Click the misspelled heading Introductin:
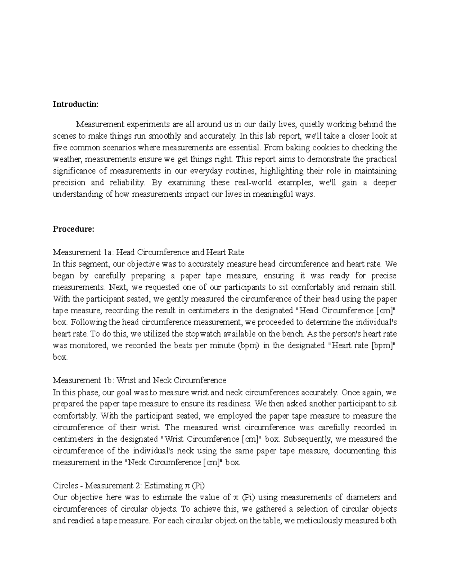tap(75, 104)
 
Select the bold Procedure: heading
tap(73, 229)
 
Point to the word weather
tap(68, 159)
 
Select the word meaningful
tap(271, 194)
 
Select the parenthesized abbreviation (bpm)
tap(248, 346)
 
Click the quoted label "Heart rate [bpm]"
tap(362, 346)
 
